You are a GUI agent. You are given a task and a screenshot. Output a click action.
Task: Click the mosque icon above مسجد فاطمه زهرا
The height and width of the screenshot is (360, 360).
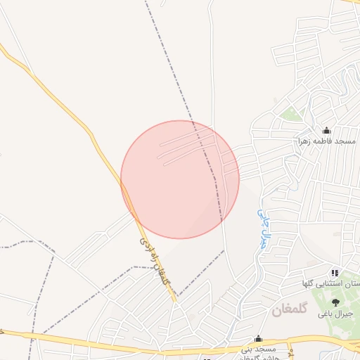coord(326,131)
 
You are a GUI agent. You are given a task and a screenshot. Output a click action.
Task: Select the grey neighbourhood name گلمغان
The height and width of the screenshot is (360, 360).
coord(290,310)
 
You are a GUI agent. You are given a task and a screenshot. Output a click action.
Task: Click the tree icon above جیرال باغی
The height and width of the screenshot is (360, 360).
coord(335,302)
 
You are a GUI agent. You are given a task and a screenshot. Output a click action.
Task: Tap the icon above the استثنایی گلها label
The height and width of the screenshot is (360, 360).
coord(335,273)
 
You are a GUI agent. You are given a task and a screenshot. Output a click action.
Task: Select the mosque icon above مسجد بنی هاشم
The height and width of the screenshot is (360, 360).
coord(258,338)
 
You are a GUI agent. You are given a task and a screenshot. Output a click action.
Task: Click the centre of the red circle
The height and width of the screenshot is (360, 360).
coord(180,179)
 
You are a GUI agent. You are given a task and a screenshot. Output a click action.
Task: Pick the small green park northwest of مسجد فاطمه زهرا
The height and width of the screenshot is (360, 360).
coord(291,113)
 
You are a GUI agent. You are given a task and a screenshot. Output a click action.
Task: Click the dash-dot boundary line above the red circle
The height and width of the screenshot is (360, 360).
coord(172,70)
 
